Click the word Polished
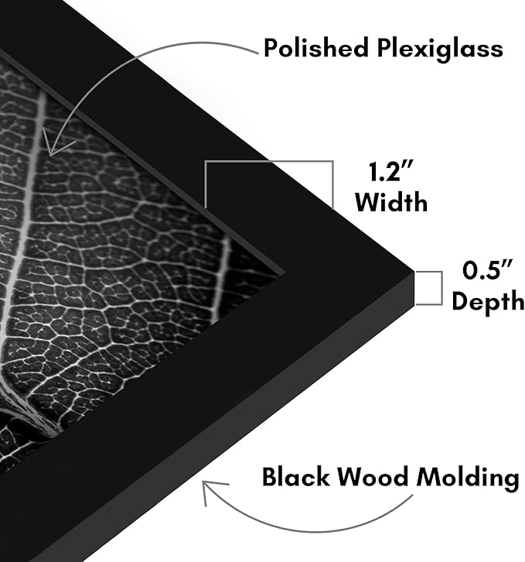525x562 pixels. point(316,48)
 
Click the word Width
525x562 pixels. point(391,202)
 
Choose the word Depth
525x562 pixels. point(488,300)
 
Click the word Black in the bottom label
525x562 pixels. point(295,477)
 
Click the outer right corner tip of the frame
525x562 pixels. point(414,272)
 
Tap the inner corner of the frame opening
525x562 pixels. point(285,272)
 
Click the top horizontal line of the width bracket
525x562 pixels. point(269,161)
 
